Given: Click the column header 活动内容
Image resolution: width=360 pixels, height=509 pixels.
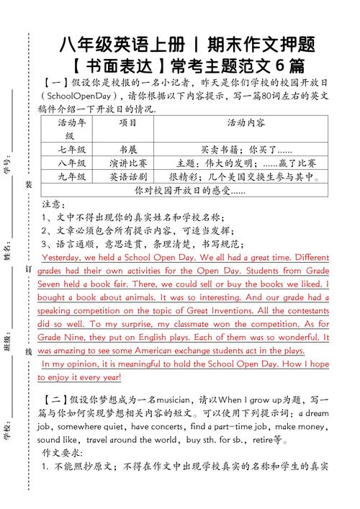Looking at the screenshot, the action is pos(246,122).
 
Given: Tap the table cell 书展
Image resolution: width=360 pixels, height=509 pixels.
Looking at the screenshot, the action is pos(127,150).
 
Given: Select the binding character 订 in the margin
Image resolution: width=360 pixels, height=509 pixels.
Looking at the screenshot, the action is pos(28,267).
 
